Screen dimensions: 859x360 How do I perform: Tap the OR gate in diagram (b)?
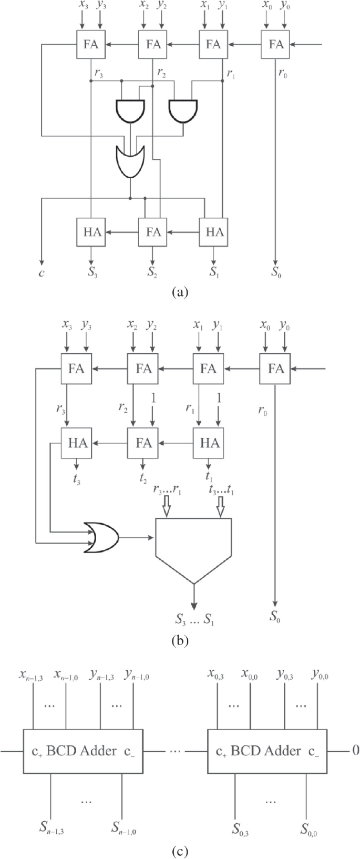click(x=101, y=537)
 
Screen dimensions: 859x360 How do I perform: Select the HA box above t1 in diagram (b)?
click(x=209, y=443)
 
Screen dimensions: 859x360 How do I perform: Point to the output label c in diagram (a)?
click(x=41, y=273)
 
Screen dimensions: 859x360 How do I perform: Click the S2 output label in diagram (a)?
click(x=153, y=273)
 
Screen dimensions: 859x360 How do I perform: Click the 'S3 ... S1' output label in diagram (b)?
click(x=195, y=618)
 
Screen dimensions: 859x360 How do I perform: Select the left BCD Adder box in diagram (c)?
click(x=82, y=751)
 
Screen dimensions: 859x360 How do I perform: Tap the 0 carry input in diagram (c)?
click(x=355, y=750)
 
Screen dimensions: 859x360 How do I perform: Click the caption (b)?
click(x=180, y=641)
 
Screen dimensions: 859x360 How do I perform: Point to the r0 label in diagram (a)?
click(x=283, y=74)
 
